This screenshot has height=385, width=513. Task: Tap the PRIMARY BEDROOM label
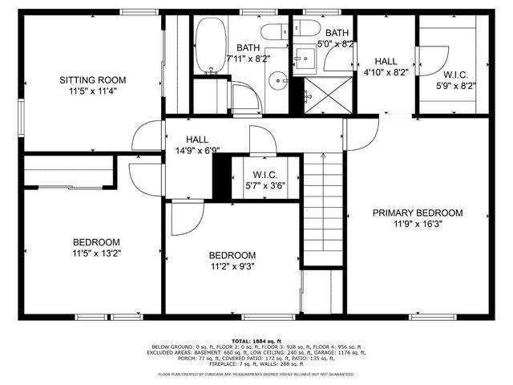tap(418, 213)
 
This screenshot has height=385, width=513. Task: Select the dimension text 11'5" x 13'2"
tap(96, 253)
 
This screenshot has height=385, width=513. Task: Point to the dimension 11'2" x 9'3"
tap(233, 266)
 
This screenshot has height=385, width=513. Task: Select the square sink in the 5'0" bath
tap(305, 59)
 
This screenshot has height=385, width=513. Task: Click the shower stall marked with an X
tap(329, 94)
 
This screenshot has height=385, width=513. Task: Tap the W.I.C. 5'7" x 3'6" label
tap(264, 179)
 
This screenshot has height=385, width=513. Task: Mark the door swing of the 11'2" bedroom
tap(186, 215)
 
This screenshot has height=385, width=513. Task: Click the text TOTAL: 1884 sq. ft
tap(256, 340)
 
